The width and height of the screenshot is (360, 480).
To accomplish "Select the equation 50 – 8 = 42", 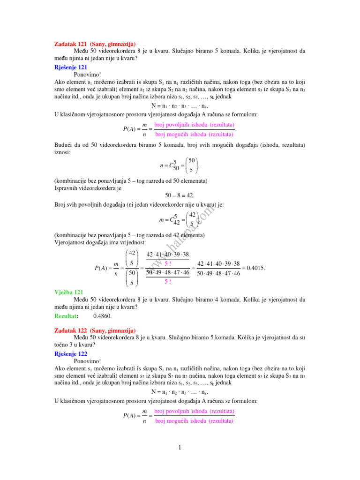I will pyautogui.click(x=180, y=195).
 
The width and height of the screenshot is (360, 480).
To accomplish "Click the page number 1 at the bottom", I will pyautogui.click(x=180, y=449).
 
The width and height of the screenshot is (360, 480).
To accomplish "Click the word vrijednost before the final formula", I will pyautogui.click(x=131, y=242).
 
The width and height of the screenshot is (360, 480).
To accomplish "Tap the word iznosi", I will pyautogui.click(x=63, y=152).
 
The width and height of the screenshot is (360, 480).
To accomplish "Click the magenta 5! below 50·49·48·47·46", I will pyautogui.click(x=167, y=281).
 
